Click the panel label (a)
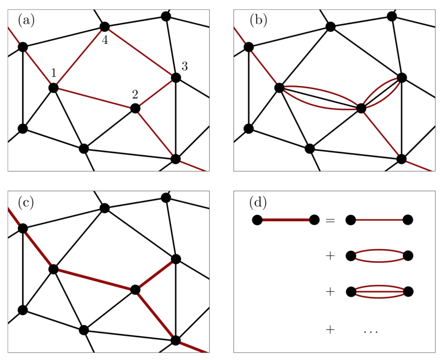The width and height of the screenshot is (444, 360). (26, 21)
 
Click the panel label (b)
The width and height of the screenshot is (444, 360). (258, 21)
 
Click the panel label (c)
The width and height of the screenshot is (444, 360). (26, 203)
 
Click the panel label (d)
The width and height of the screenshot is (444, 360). (258, 203)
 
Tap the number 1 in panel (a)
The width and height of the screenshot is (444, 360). (54, 73)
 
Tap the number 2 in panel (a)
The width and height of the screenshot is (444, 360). (135, 94)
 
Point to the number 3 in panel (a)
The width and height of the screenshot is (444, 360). (184, 66)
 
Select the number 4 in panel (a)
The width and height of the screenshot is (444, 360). (105, 41)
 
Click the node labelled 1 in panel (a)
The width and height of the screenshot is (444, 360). (53, 88)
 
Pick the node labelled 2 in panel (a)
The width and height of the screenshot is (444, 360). (135, 108)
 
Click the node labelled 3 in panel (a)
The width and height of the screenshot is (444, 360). (176, 77)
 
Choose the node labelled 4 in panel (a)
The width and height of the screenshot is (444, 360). (104, 27)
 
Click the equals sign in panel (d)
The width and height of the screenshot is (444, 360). (330, 220)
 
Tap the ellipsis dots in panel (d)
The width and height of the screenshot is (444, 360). (370, 331)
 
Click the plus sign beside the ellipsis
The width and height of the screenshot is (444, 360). (330, 330)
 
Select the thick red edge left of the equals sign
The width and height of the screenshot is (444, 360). (286, 220)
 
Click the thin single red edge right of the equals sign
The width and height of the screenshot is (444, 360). (379, 220)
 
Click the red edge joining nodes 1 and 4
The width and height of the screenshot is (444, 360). (79, 57)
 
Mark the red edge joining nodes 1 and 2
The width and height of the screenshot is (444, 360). (94, 98)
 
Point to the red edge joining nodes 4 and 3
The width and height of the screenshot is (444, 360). (140, 52)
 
